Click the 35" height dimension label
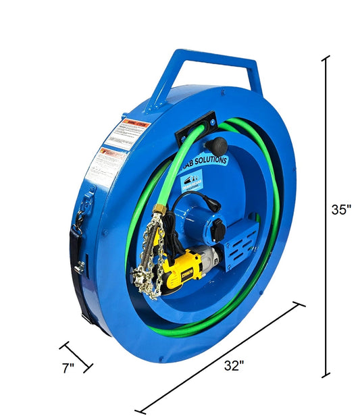point(342,209)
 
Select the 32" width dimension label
point(234,365)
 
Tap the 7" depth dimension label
point(68,369)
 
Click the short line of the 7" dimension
point(76,357)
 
